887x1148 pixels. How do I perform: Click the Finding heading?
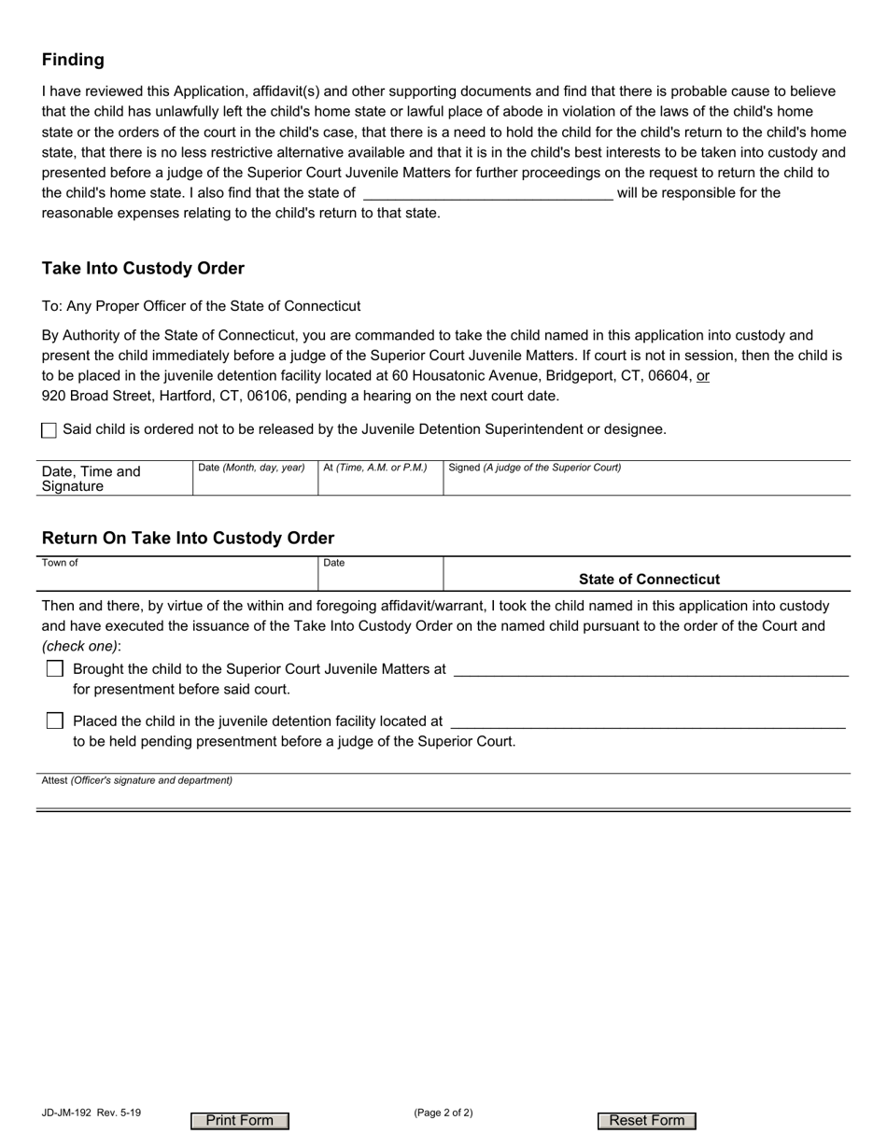click(73, 60)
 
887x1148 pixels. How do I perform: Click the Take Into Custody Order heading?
click(143, 269)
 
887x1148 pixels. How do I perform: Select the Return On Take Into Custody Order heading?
click(188, 539)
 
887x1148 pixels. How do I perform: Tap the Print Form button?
click(240, 1121)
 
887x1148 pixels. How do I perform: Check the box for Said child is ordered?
click(49, 430)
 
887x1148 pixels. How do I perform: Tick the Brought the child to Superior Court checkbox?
click(55, 669)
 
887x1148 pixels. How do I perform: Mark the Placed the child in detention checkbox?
click(55, 721)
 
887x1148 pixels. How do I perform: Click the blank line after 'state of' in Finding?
click(486, 193)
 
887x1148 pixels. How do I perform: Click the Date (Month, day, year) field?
click(254, 482)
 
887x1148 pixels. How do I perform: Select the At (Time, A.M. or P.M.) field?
click(379, 482)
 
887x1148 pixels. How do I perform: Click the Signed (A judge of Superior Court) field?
click(646, 482)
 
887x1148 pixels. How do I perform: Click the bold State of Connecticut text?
click(649, 580)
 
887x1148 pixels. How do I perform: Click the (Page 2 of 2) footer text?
click(443, 1113)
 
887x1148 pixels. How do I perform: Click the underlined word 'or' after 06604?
click(703, 375)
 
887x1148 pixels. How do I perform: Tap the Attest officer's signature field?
click(443, 794)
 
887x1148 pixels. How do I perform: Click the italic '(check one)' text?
click(79, 646)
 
